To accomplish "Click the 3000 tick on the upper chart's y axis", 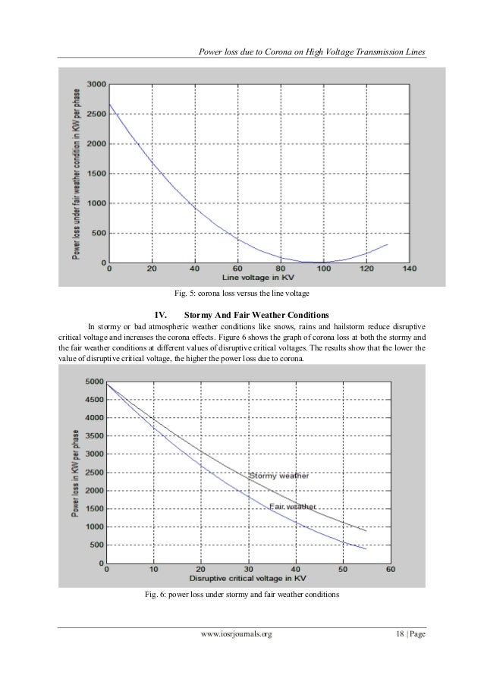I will [x=96, y=83].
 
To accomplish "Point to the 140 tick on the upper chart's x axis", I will [x=410, y=269].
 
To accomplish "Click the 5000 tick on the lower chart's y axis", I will [x=94, y=382].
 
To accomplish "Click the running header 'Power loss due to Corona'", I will [x=310, y=52].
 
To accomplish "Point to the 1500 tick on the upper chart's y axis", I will [x=96, y=173].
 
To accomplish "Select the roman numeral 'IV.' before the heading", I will [x=160, y=313].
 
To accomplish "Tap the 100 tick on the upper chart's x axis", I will [x=324, y=269].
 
